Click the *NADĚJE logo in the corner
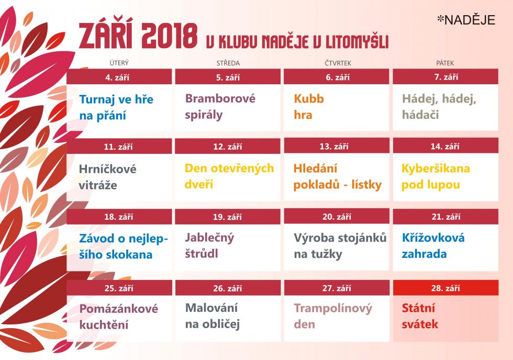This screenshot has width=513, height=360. click(x=466, y=20)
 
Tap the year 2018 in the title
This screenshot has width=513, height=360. click(x=170, y=36)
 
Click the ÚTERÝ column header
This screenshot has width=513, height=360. click(x=119, y=63)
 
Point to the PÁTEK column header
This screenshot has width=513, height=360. click(x=445, y=63)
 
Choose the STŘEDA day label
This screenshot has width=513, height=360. click(x=228, y=63)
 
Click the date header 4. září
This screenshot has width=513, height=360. click(x=119, y=77)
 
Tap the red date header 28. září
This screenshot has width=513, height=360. click(x=445, y=288)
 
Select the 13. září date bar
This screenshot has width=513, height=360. click(x=337, y=146)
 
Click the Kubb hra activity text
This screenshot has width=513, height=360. click(x=309, y=107)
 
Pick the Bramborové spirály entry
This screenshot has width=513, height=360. click(x=220, y=107)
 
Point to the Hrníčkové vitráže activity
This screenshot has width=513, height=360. click(x=108, y=177)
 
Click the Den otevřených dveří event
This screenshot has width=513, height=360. click(x=229, y=176)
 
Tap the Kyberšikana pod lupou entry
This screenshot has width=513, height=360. click(x=436, y=176)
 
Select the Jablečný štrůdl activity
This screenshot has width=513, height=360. click(x=209, y=245)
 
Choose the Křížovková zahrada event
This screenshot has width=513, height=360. click(x=433, y=245)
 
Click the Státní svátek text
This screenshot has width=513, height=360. click(x=420, y=316)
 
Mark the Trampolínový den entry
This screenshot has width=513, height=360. click(x=333, y=316)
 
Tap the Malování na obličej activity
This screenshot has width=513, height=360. click(x=213, y=316)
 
